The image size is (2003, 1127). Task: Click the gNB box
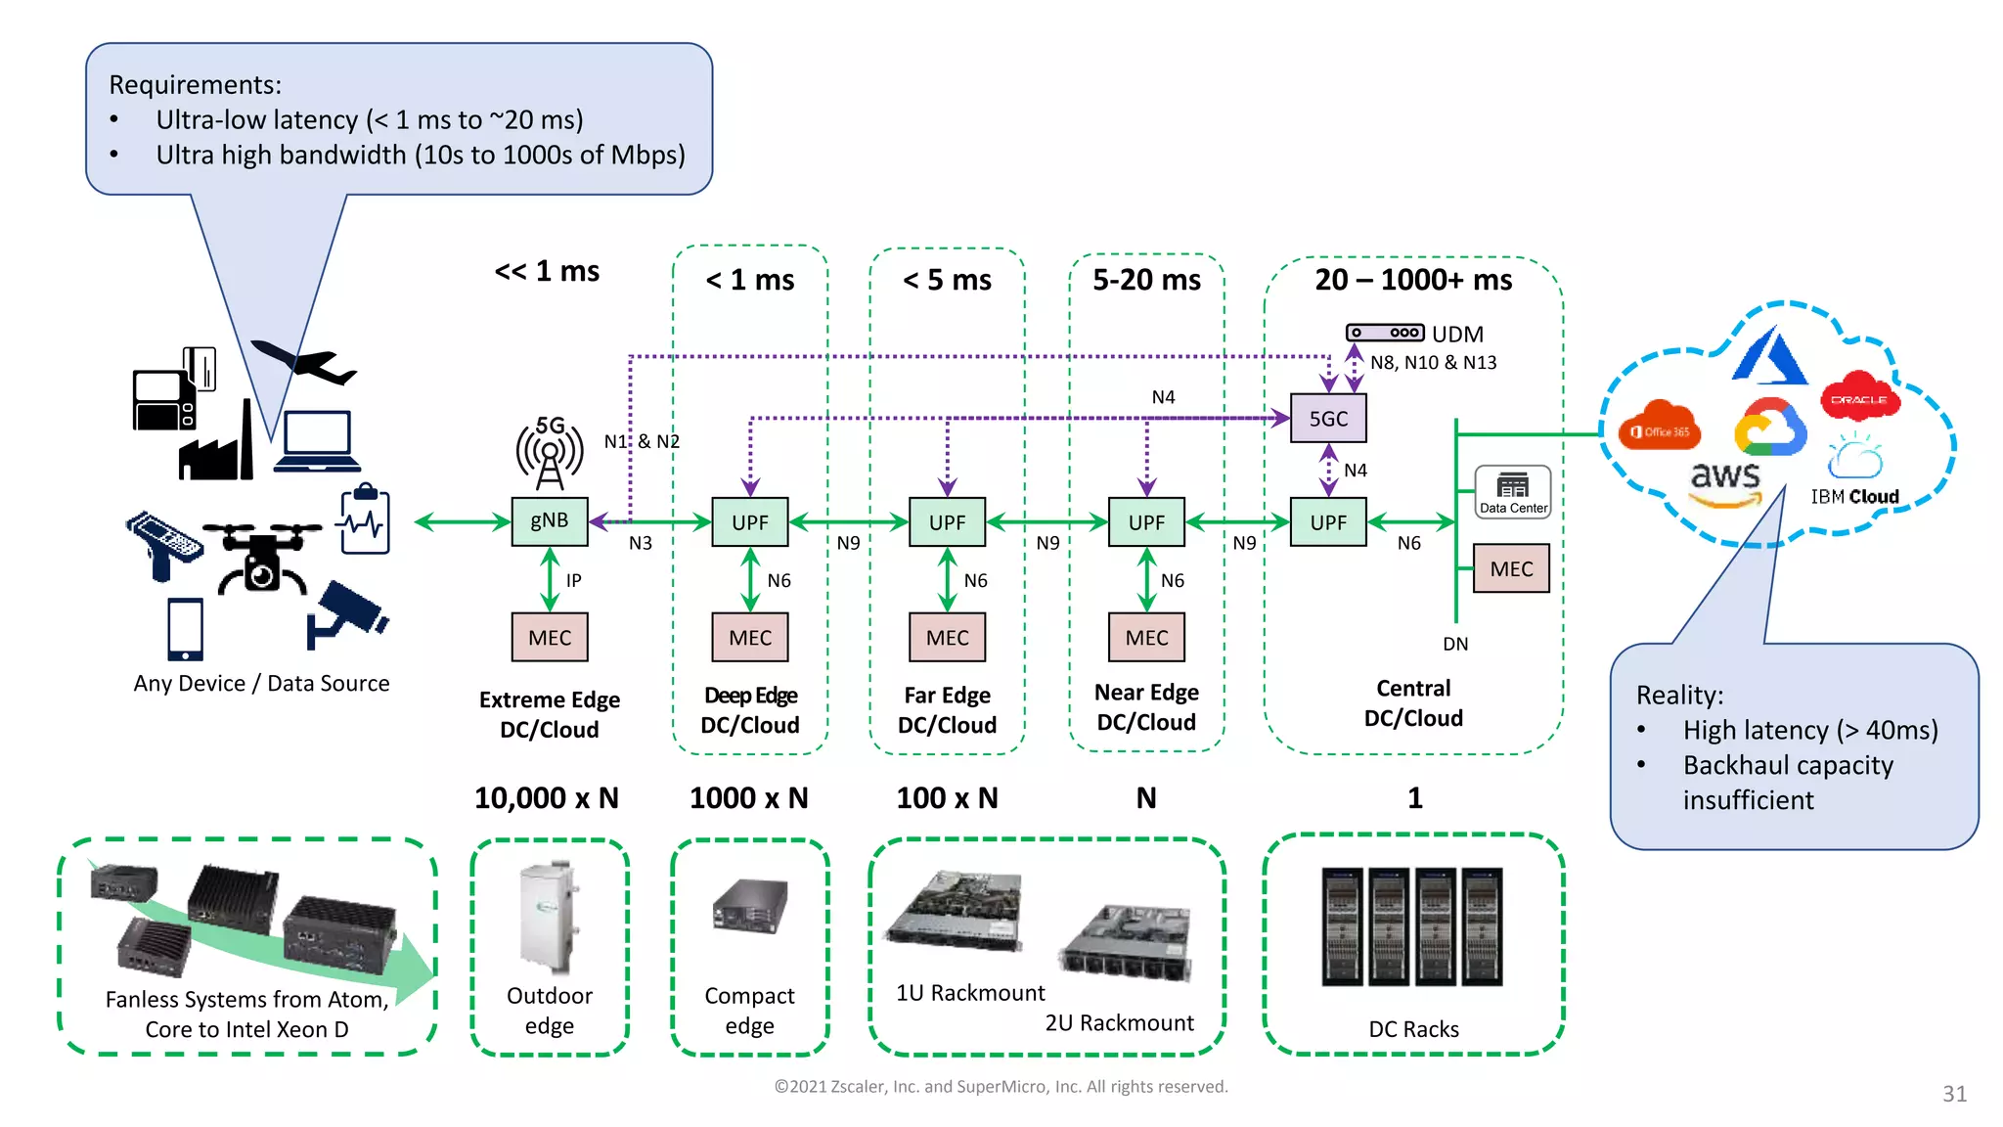click(x=549, y=520)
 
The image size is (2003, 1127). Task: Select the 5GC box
click(x=1327, y=419)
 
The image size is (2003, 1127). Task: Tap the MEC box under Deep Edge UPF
click(x=750, y=638)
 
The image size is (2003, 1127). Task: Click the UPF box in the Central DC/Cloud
click(x=1327, y=522)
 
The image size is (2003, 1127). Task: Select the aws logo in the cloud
click(x=1725, y=482)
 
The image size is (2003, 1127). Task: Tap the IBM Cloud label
click(x=1854, y=497)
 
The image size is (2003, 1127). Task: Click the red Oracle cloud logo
click(x=1859, y=397)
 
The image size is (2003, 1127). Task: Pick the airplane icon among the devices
click(x=303, y=363)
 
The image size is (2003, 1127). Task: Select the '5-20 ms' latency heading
click(x=1146, y=281)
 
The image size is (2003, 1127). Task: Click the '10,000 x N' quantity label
click(x=547, y=798)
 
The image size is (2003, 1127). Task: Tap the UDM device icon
click(x=1384, y=333)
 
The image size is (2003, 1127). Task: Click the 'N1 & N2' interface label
click(x=642, y=441)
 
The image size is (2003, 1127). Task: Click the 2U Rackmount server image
click(x=1127, y=943)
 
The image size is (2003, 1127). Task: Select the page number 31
click(x=1954, y=1094)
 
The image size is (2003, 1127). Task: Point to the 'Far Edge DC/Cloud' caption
click(x=947, y=710)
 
